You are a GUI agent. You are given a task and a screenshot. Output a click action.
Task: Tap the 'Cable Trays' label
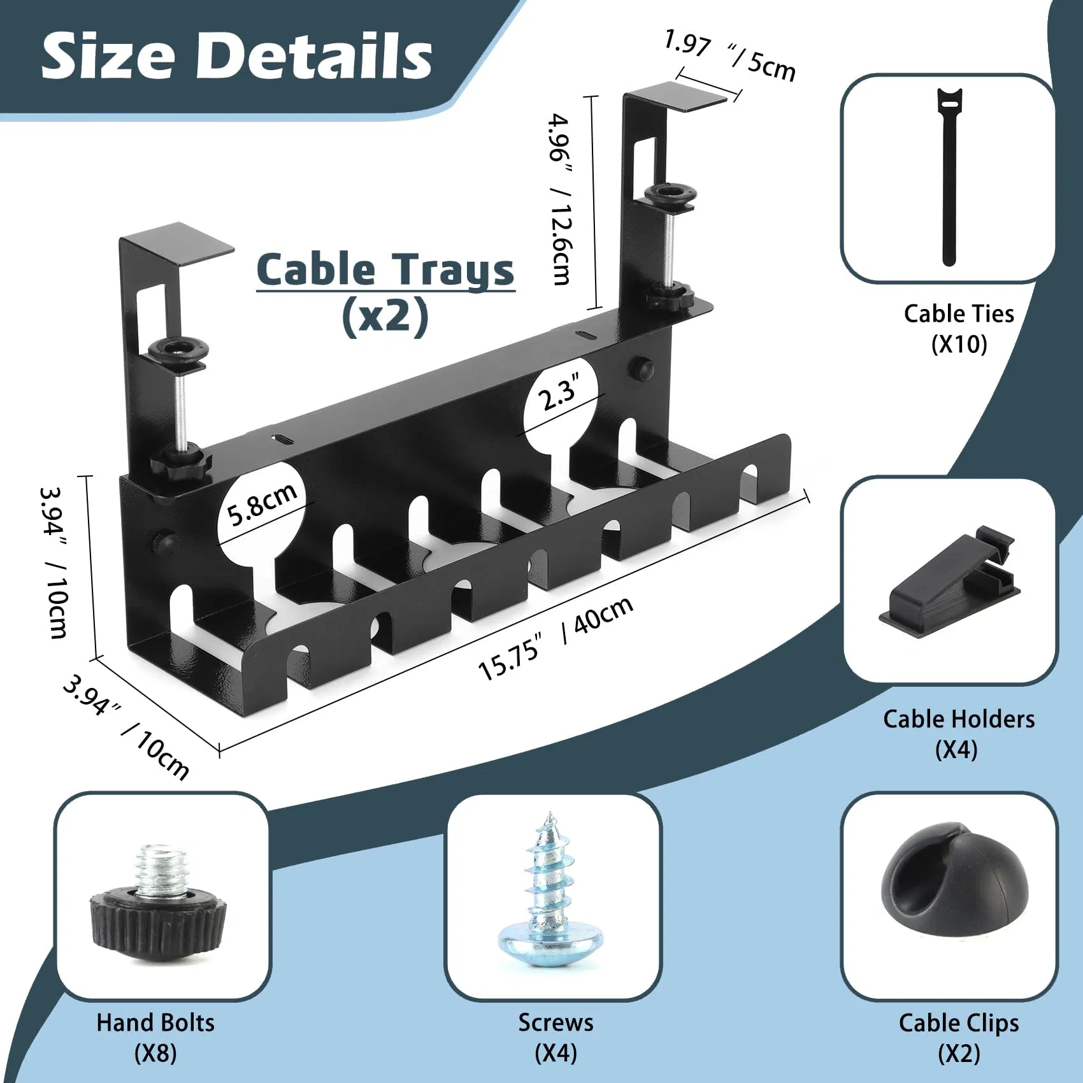385,270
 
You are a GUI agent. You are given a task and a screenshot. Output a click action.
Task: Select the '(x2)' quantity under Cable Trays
385,317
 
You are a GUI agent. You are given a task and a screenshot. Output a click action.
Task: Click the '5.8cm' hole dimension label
262,504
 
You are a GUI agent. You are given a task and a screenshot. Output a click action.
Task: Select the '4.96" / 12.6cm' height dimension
561,199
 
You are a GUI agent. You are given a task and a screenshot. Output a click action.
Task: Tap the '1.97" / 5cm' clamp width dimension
729,56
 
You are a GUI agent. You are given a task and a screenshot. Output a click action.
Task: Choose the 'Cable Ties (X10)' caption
959,329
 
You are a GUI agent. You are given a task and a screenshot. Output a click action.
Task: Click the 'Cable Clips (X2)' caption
958,1038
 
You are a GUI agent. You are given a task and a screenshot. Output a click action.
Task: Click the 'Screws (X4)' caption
556,1038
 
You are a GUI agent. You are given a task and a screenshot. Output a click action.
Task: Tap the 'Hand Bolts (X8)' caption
155,1038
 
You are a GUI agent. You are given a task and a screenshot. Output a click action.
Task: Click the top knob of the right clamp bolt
670,194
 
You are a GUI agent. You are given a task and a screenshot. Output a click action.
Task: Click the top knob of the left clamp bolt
179,350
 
